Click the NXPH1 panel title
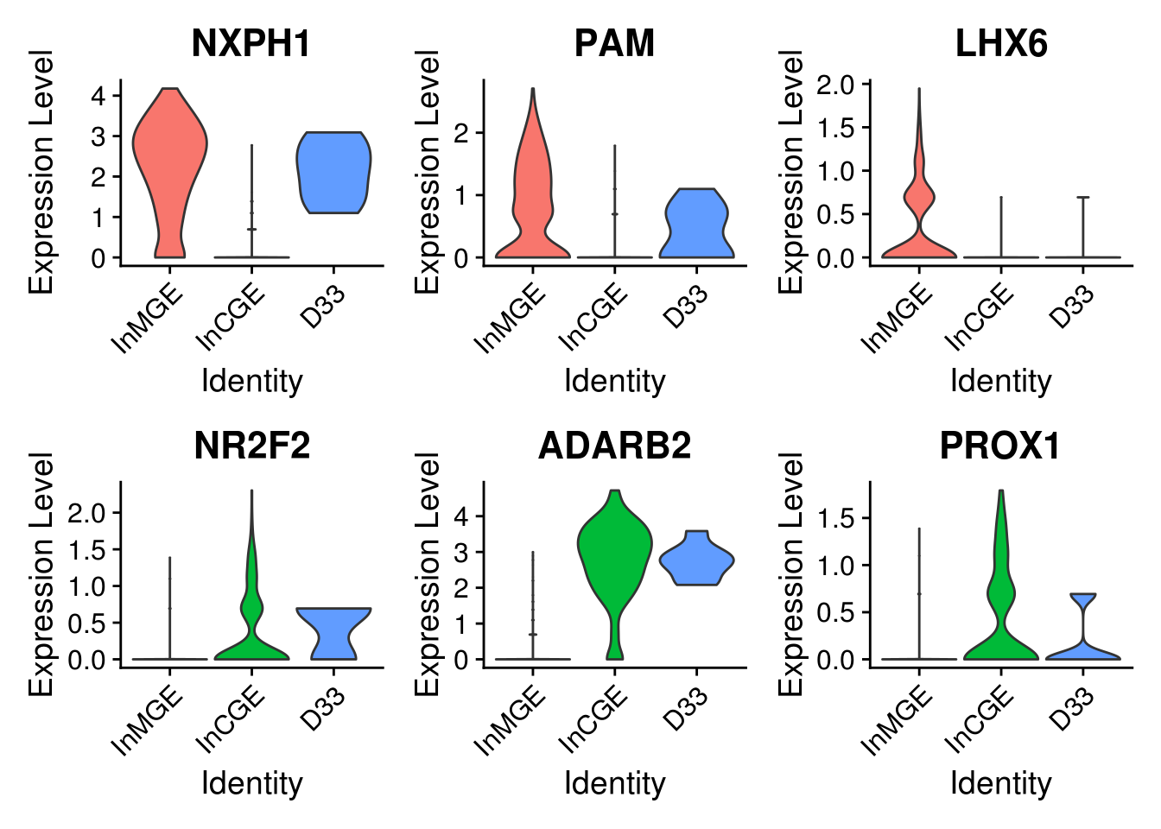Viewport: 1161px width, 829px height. click(x=251, y=43)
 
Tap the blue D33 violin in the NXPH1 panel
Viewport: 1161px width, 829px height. click(x=333, y=173)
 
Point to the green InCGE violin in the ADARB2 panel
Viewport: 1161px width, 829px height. click(x=615, y=553)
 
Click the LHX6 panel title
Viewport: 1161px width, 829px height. click(x=1000, y=43)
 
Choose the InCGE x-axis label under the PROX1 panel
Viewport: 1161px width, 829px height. click(x=980, y=718)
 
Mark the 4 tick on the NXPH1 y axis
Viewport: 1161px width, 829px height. click(x=98, y=95)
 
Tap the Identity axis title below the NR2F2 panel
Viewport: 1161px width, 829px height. click(x=251, y=783)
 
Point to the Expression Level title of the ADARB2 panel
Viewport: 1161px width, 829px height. click(x=428, y=575)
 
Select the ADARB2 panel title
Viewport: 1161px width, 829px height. click(x=614, y=446)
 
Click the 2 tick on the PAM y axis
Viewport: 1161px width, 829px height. click(x=461, y=133)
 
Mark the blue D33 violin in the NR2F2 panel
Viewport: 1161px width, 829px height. click(x=333, y=626)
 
